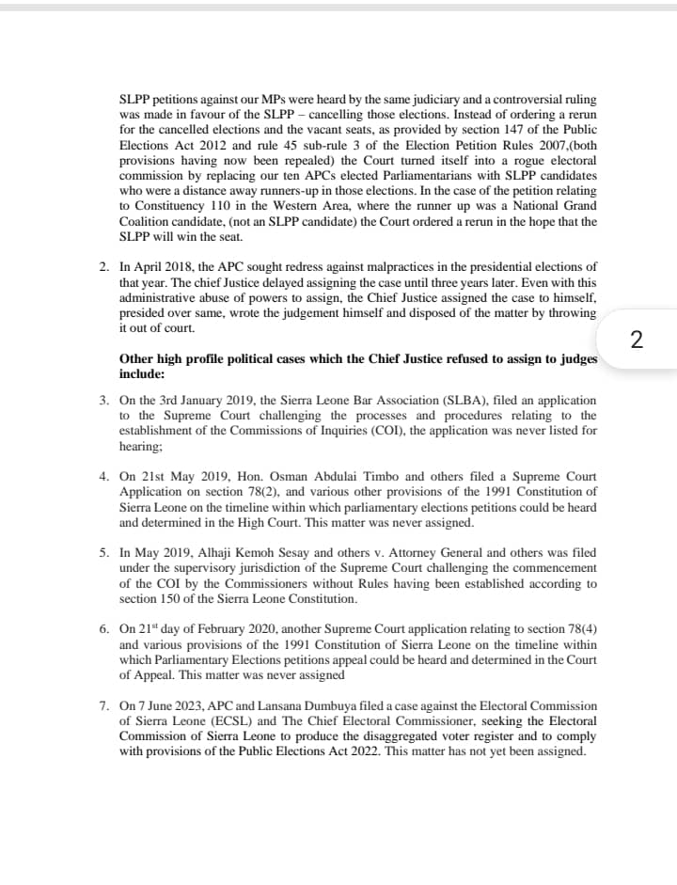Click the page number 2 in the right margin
[637, 340]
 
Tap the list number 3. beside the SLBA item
[104, 401]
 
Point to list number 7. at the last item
[104, 704]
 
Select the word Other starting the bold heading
[137, 358]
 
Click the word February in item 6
[212, 629]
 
